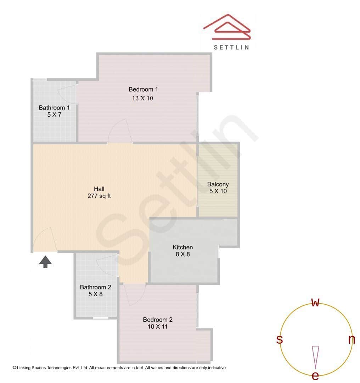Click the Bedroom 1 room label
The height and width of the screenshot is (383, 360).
143,89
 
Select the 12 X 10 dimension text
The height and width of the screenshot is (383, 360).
142,98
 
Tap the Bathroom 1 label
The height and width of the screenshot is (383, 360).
54,107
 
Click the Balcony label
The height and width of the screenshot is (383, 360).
218,184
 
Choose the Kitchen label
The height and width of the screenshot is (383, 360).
182,247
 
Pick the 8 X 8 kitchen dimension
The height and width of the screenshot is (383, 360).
182,254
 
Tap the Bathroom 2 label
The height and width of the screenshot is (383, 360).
95,287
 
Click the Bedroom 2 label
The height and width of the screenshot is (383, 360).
158,320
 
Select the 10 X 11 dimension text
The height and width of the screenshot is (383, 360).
158,327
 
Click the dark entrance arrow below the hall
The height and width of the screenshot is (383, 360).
45,262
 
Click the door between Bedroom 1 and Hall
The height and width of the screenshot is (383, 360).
120,131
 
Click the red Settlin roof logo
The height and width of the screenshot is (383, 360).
227,27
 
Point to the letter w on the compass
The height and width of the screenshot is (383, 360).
315,302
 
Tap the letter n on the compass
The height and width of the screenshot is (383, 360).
351,340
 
